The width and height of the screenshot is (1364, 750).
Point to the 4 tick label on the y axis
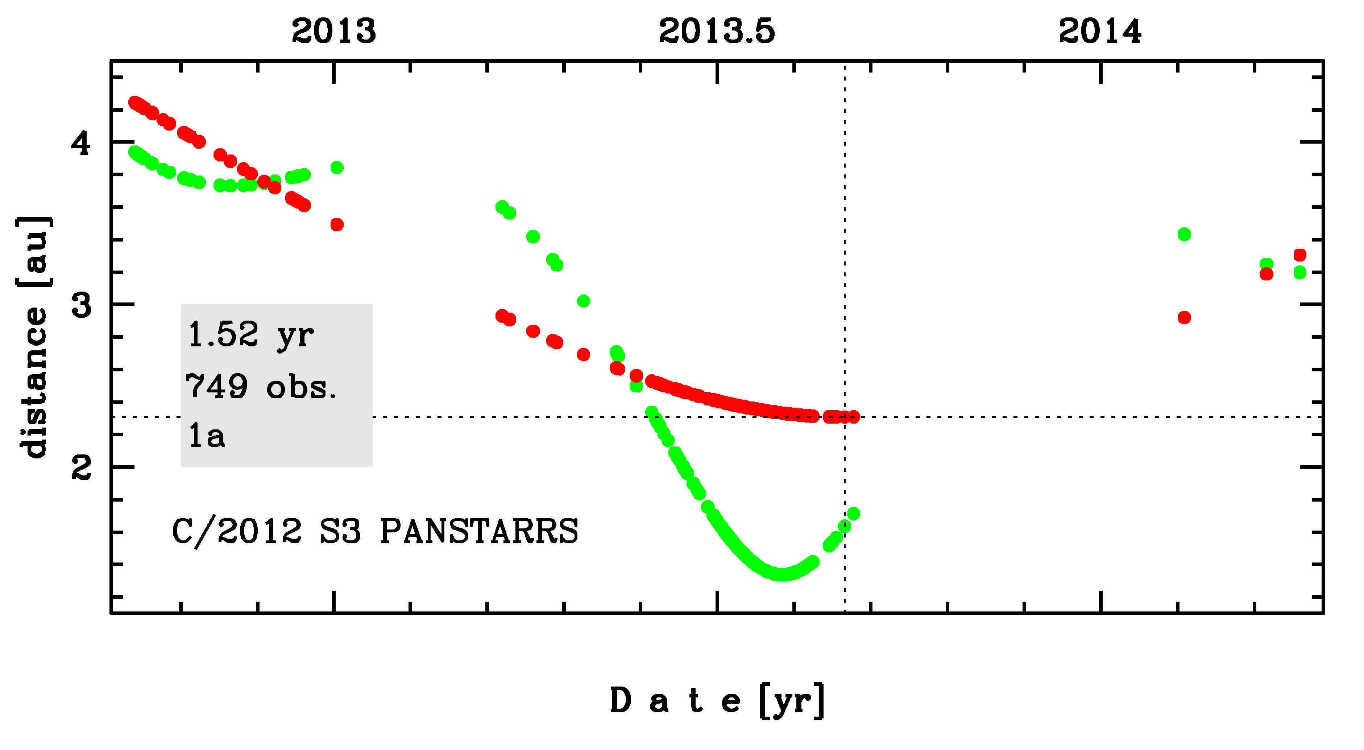(x=81, y=143)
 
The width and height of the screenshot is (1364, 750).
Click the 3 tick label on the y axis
(x=81, y=306)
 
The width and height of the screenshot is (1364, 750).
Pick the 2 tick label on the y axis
(x=81, y=468)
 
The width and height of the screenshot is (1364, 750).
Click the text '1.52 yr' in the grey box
(x=251, y=335)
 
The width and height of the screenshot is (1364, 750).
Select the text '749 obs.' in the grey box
(x=261, y=387)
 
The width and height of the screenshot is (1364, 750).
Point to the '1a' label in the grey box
(x=207, y=436)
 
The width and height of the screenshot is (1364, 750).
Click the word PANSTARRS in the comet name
(x=479, y=531)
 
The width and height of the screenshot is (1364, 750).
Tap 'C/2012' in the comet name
(x=237, y=531)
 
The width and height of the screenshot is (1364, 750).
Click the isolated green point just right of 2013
(x=337, y=168)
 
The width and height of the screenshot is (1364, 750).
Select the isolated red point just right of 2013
(x=337, y=224)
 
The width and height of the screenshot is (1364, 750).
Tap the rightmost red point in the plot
(x=1300, y=255)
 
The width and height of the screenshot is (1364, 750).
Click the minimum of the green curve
(x=781, y=574)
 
